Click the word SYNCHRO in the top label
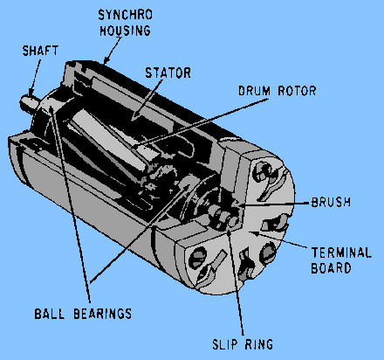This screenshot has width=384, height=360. click(125, 15)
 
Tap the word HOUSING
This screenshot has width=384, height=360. click(125, 31)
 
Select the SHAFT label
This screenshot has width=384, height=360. click(40, 51)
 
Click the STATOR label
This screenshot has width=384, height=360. click(168, 73)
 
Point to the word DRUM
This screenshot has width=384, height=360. click(254, 91)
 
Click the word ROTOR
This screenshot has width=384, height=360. click(297, 91)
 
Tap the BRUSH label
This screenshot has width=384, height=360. click(331, 202)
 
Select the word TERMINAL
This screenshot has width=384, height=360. click(341, 253)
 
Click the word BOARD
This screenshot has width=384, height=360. click(331, 268)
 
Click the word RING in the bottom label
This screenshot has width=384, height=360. click(259, 344)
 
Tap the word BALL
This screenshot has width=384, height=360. click(49, 314)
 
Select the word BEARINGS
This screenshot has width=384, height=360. click(102, 314)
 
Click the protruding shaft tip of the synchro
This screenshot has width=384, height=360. click(26, 102)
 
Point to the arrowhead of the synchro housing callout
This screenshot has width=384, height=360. click(106, 60)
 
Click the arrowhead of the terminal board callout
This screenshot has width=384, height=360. click(254, 233)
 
